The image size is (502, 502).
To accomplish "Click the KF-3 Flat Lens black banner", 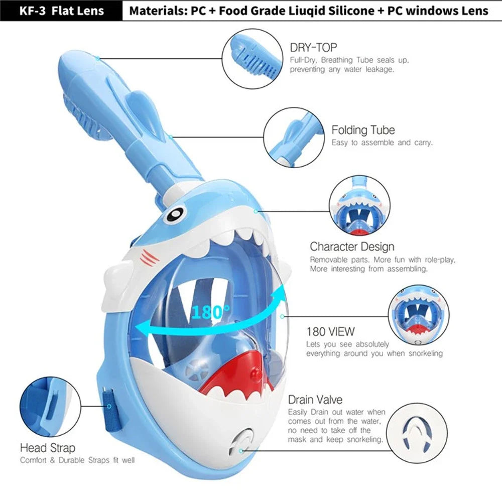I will [61, 10].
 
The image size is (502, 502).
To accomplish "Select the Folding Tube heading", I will [363, 130].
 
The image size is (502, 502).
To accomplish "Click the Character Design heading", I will [352, 246].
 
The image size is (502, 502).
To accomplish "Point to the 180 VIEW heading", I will [330, 331].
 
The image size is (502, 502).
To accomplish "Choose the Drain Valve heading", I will [315, 400].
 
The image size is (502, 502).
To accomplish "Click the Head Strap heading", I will [48, 447].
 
